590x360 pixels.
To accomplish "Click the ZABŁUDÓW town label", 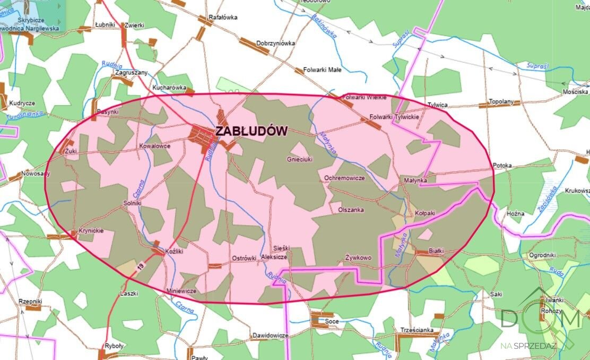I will (x=251, y=131).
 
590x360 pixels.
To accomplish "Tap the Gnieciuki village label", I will (x=300, y=159).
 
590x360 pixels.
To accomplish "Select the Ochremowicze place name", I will (x=344, y=178).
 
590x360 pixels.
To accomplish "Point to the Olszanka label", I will (x=351, y=210).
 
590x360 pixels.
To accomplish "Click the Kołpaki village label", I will (x=425, y=212).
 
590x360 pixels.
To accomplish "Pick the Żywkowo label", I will (x=358, y=258).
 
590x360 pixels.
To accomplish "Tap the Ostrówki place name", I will (x=245, y=258).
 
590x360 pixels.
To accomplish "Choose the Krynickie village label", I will (x=91, y=231).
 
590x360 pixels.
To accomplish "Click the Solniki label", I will (x=132, y=203).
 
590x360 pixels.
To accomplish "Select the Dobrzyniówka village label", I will (x=275, y=44).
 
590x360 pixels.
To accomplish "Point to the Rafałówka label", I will (x=223, y=17).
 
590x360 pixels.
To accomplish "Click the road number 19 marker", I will (x=141, y=270).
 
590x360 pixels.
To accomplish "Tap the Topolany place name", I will (x=501, y=101).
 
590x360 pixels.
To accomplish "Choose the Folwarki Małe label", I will (x=322, y=70).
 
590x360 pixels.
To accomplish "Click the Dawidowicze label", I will (x=270, y=336).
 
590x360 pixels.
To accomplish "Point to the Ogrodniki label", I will (x=542, y=255).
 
